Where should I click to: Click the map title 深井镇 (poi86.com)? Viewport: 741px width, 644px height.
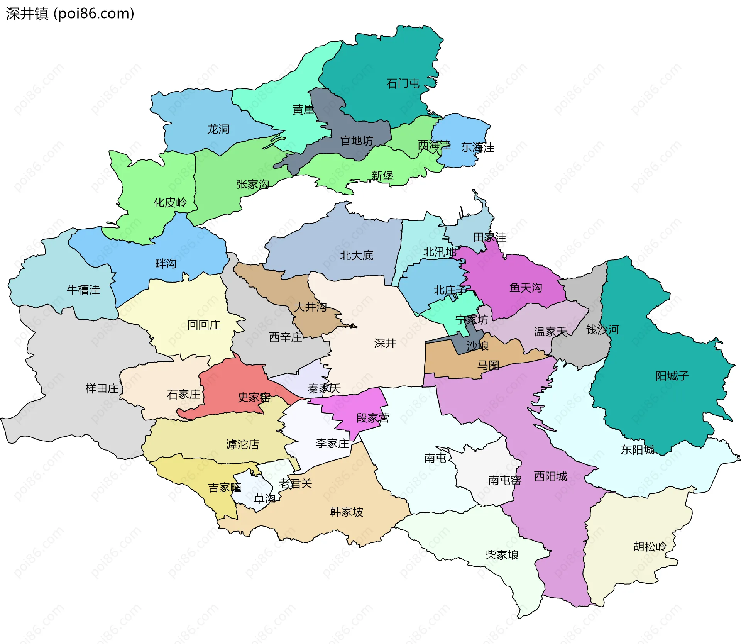(x=70, y=14)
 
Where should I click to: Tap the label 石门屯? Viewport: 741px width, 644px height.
(x=403, y=83)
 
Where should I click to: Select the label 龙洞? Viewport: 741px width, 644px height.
(x=218, y=129)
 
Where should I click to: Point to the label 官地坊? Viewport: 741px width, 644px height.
(x=356, y=141)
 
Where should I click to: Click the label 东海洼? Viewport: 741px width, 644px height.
(x=477, y=147)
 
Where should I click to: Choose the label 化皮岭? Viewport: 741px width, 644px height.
(x=170, y=202)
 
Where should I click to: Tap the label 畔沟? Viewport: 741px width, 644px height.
(x=166, y=264)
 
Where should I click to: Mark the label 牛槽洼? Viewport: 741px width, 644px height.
(x=83, y=290)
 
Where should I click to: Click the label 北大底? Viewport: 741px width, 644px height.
(x=356, y=255)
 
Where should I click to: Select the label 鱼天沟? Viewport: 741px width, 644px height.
(x=525, y=288)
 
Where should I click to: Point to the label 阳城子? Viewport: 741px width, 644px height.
(x=672, y=376)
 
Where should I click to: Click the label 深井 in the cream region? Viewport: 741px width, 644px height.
(x=385, y=343)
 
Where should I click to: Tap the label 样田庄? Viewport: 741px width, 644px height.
(x=102, y=388)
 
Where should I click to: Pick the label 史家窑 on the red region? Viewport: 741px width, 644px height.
(x=254, y=397)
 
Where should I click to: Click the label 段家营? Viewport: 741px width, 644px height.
(x=372, y=418)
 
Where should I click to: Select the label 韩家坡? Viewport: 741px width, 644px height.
(x=346, y=512)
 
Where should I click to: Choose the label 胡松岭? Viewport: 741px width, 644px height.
(x=650, y=547)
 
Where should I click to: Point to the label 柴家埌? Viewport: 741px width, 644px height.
(x=502, y=555)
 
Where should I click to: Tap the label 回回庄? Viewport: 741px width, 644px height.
(x=203, y=325)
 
